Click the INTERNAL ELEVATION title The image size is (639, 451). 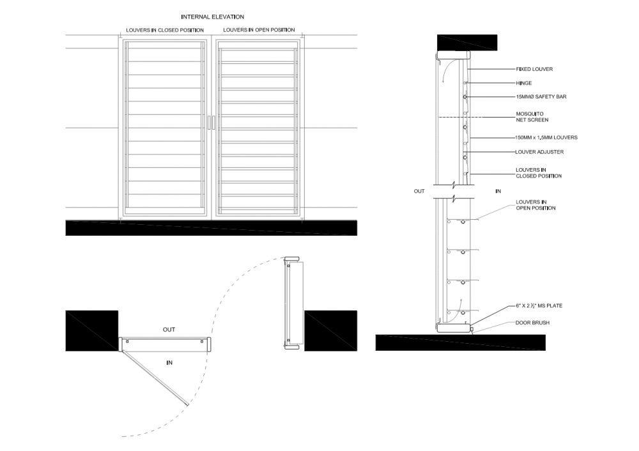212,17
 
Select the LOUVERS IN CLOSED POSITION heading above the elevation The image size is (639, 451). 165,30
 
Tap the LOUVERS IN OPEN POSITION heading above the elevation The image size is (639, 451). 259,30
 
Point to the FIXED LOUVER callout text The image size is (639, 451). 534,69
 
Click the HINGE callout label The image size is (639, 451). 524,83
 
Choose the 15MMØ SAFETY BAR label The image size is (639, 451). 541,97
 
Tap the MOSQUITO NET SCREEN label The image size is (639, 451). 532,117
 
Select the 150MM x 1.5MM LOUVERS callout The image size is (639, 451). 546,138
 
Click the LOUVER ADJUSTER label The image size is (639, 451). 539,152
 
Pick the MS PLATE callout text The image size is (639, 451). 539,305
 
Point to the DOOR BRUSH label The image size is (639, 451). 533,323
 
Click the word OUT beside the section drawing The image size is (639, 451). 419,191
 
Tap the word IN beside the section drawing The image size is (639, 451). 498,191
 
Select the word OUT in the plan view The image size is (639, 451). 169,330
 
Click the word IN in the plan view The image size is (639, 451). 169,363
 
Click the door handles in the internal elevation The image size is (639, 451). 211,123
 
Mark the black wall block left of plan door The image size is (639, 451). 91,331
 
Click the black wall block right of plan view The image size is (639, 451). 330,331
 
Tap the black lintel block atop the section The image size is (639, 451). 467,42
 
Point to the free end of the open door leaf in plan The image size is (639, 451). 188,404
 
